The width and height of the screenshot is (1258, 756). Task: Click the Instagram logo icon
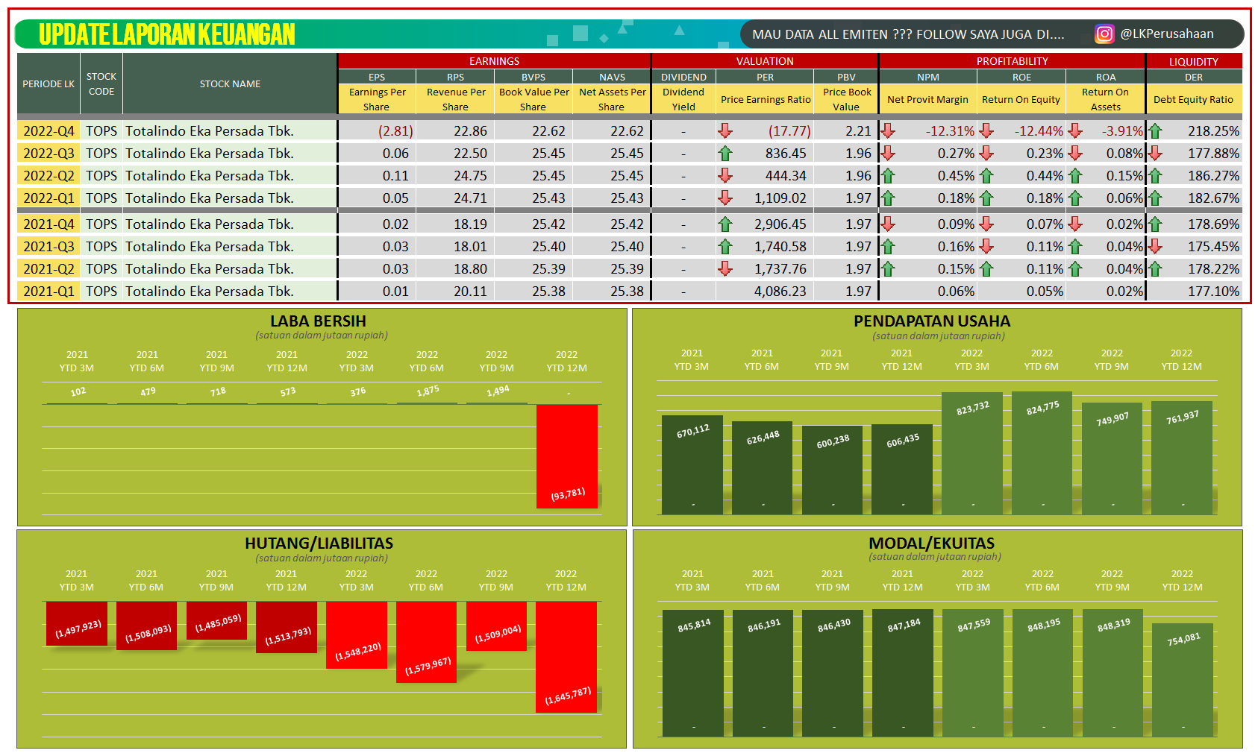coord(1104,34)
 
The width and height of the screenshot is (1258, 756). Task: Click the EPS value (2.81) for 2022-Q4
coord(395,131)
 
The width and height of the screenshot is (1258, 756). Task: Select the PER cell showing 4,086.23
coord(780,292)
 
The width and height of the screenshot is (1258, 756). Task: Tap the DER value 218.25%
coord(1213,131)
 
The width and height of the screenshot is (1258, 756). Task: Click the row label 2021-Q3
coord(48,247)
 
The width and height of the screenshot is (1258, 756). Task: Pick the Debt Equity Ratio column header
coord(1193,99)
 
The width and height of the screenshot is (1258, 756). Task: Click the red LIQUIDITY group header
coord(1193,62)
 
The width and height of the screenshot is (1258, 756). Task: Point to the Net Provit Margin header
coord(927,99)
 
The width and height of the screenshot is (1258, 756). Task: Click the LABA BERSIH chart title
coord(318,321)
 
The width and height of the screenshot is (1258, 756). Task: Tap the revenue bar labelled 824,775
coord(1042,455)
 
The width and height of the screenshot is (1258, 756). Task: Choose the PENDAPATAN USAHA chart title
coord(931,321)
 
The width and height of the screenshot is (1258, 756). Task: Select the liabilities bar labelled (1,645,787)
coord(566,656)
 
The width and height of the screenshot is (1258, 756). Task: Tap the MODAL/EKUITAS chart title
coord(931,544)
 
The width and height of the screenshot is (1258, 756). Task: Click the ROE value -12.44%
coord(1038,131)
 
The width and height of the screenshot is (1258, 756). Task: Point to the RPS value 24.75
coord(470,176)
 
